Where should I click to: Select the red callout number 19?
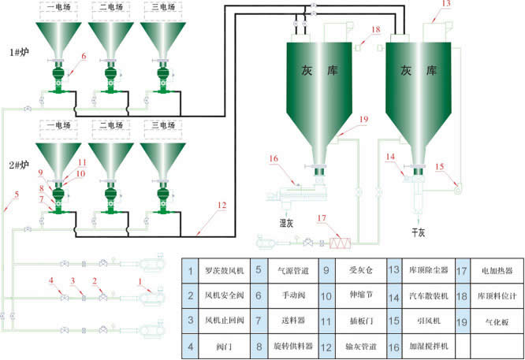point(363,119)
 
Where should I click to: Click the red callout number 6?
point(83,55)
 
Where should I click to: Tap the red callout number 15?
point(440,166)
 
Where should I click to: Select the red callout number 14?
point(390,156)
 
